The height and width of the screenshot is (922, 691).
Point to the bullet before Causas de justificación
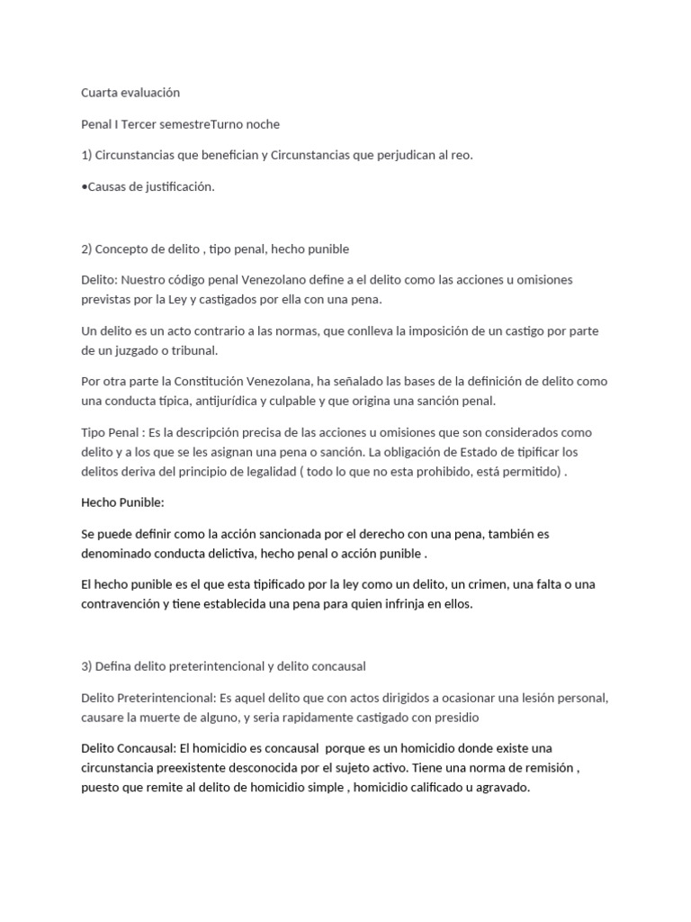click(84, 186)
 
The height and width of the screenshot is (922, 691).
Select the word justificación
click(181, 186)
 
